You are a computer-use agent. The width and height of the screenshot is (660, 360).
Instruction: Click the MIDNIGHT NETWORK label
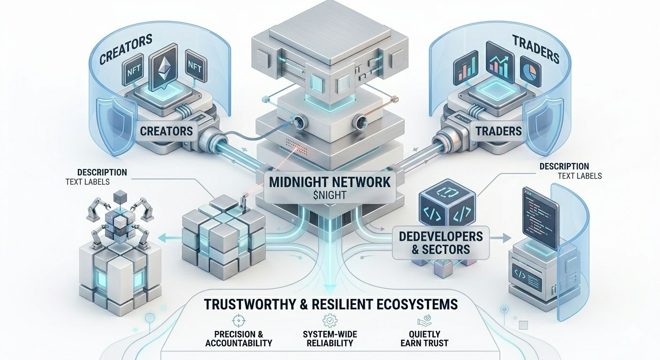pos(330,182)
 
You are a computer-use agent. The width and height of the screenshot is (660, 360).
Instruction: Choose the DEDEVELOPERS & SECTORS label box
pos(441,242)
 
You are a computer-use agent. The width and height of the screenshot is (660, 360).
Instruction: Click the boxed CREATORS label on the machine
pos(166,130)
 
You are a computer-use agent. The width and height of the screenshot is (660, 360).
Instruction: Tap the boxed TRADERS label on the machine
pos(499,131)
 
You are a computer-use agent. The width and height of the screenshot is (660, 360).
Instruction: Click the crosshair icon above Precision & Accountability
pos(239,321)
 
